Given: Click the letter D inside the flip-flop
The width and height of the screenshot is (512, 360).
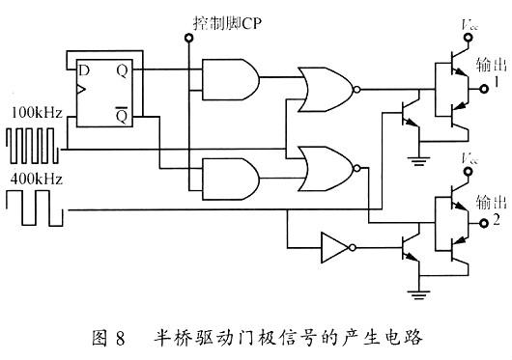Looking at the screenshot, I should tap(84, 70).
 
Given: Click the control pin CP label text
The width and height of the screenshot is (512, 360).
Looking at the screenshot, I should tap(215, 21).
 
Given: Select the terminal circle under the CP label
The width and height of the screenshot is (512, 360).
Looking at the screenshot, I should tap(188, 39).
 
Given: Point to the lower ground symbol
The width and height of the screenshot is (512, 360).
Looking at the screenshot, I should tap(417, 289).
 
